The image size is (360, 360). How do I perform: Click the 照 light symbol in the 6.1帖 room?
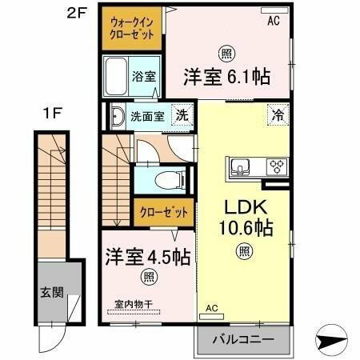(x=226, y=52)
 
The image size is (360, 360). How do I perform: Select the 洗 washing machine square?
(x=182, y=114)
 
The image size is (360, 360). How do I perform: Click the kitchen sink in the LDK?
(x=242, y=167)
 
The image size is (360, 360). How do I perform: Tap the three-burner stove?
(x=277, y=167)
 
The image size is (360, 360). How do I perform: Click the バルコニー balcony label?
(x=243, y=339)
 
